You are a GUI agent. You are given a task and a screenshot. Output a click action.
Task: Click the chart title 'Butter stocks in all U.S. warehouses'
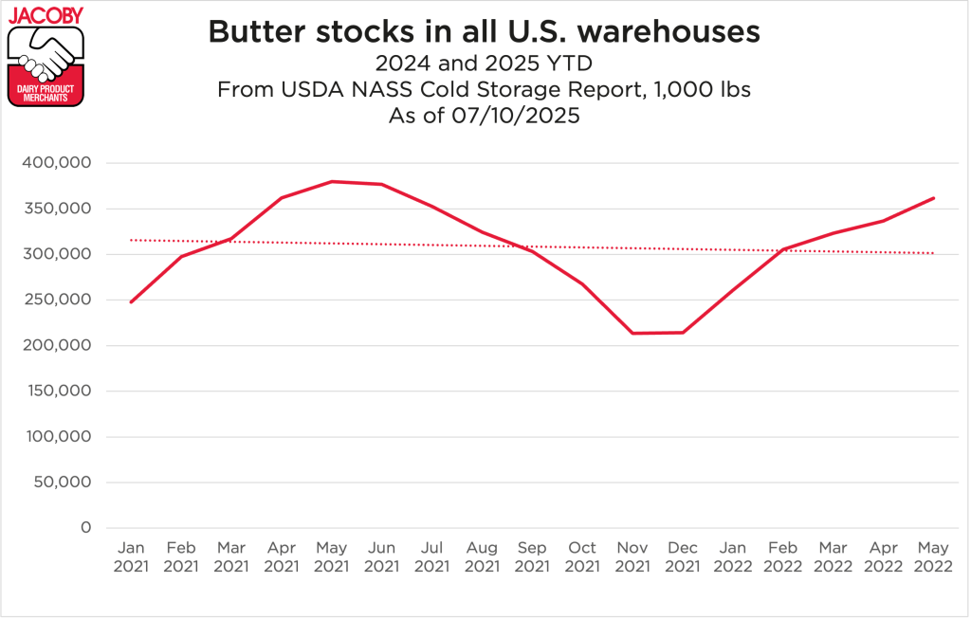[x=484, y=31]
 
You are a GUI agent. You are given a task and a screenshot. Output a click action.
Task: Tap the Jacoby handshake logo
[x=46, y=56]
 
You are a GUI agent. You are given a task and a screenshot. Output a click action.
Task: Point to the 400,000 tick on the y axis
[x=56, y=163]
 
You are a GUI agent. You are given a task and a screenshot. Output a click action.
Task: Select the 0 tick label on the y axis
[x=84, y=528]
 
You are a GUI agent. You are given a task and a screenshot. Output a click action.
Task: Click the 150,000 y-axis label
[x=56, y=391]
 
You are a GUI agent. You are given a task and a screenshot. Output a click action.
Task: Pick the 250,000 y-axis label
[x=56, y=300]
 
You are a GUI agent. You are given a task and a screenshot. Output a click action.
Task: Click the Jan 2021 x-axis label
[x=131, y=557]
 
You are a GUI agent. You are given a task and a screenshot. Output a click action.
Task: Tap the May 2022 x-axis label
[x=934, y=557]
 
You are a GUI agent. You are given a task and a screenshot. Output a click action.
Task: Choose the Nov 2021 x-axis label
[x=632, y=557]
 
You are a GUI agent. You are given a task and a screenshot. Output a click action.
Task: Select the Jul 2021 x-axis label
[x=432, y=557]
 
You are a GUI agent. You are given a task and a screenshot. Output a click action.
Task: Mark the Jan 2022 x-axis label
[x=733, y=557]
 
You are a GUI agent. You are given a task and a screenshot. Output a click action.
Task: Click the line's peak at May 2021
[x=332, y=181]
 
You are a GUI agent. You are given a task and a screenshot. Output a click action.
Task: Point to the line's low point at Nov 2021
[x=632, y=333]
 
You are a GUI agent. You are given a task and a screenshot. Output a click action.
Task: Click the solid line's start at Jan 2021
[x=131, y=302]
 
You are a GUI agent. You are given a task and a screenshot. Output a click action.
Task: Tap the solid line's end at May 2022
[x=934, y=198]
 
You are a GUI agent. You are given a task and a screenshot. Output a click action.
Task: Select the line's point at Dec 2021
[x=683, y=332]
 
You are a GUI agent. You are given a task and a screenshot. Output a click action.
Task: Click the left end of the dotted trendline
[x=131, y=240]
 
